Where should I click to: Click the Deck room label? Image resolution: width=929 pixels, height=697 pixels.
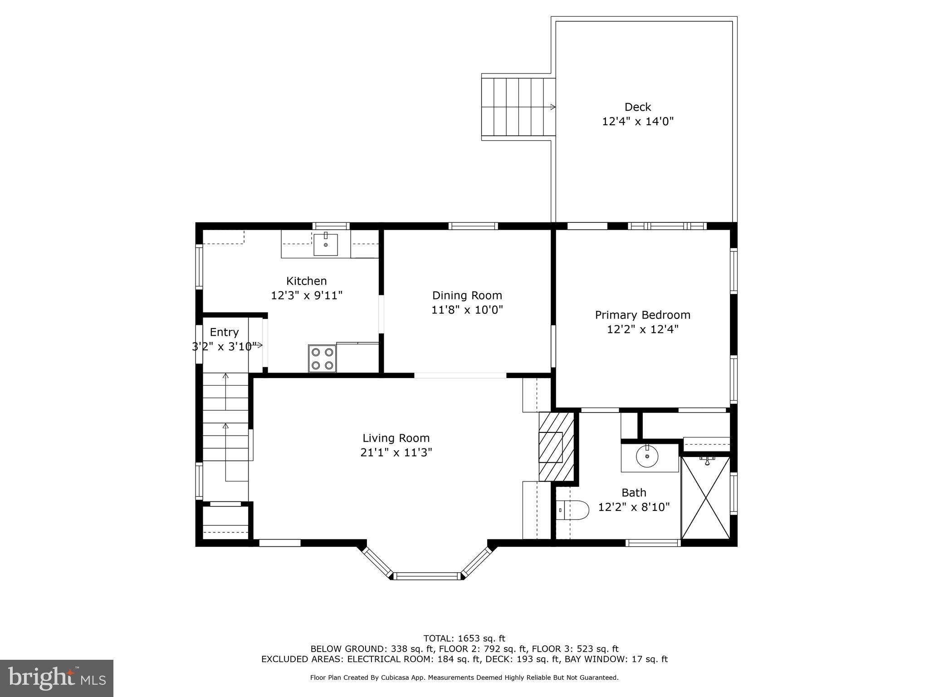pos(637,107)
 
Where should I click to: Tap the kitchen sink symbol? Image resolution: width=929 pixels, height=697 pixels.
pos(325,245)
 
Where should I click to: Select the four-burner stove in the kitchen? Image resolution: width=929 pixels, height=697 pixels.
pos(322,358)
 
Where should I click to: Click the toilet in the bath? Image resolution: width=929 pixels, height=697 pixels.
pos(573,510)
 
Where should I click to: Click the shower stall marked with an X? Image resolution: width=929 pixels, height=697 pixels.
pos(706,498)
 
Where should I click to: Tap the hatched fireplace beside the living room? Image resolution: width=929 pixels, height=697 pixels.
pos(556,446)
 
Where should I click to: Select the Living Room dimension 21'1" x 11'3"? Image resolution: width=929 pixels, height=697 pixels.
pos(396,452)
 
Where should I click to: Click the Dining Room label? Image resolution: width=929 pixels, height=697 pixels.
pos(467,295)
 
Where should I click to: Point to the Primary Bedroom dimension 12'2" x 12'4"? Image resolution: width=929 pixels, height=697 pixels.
pos(642,329)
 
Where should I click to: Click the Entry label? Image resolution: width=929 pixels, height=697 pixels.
pos(224,332)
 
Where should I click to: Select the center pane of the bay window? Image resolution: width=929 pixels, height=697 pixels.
pos(426,576)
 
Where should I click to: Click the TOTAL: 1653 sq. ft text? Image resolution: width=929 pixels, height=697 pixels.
pos(464,638)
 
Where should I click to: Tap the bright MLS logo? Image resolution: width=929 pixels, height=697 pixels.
pos(57,678)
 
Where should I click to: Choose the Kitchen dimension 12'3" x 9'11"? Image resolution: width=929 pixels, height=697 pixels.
pos(306,295)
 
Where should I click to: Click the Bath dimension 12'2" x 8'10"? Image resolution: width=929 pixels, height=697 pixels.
pos(634,507)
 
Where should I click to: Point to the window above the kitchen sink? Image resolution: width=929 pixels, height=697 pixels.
pos(331,226)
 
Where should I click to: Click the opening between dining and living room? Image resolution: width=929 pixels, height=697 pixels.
pos(460,375)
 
